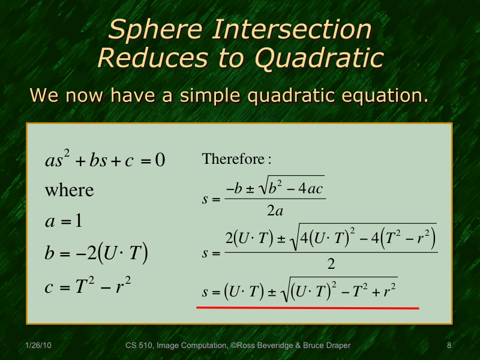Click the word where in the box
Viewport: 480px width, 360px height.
(x=70, y=190)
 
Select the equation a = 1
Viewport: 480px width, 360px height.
(x=64, y=221)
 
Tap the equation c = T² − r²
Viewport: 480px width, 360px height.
(x=88, y=286)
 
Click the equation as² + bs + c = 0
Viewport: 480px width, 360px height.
(x=105, y=161)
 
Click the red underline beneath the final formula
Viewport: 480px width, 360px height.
(x=307, y=307)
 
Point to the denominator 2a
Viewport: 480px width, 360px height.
(x=275, y=211)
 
